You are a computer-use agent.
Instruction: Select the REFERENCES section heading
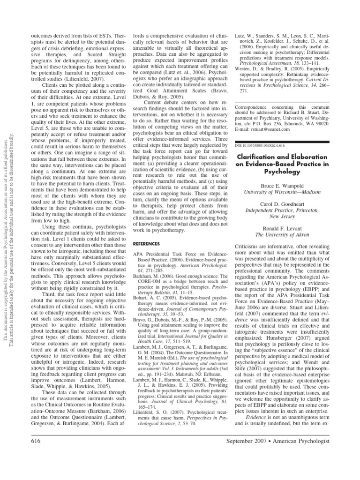click(147, 244)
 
